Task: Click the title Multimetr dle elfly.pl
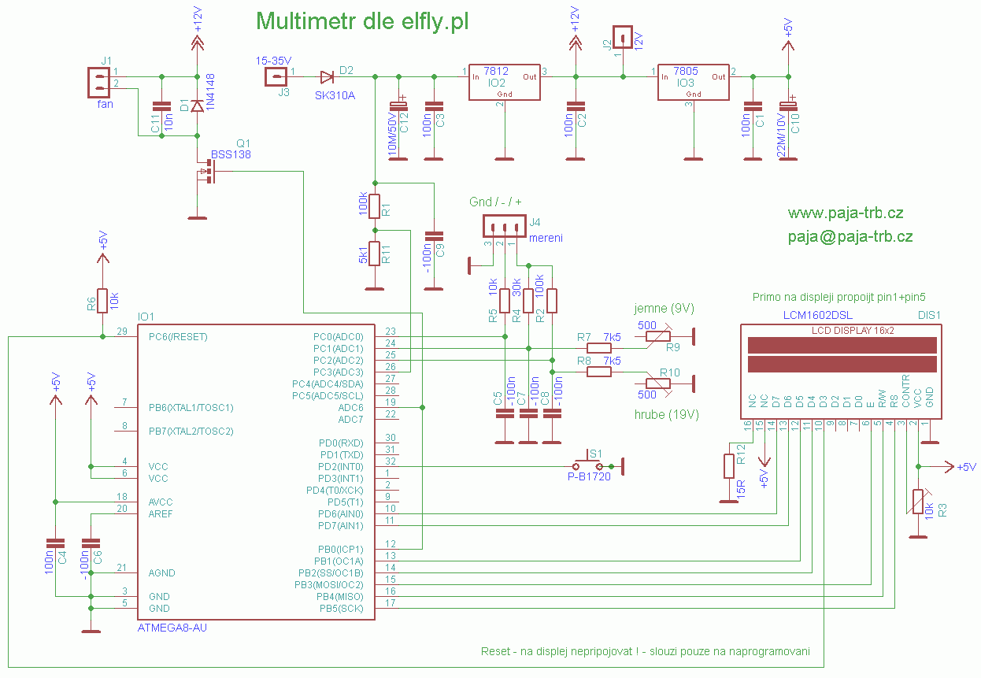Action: tap(363, 22)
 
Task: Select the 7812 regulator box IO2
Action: tap(505, 82)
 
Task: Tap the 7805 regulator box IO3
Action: tap(693, 82)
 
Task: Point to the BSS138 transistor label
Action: tap(231, 155)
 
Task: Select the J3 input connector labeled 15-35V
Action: tap(274, 76)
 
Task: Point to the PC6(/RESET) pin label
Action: tap(178, 336)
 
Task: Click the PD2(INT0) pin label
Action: tap(341, 467)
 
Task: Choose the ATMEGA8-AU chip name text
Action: tap(172, 628)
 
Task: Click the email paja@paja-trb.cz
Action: tap(850, 236)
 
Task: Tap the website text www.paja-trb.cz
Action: tap(845, 213)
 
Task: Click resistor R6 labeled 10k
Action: tap(102, 300)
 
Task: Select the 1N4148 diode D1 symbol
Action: tap(198, 106)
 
